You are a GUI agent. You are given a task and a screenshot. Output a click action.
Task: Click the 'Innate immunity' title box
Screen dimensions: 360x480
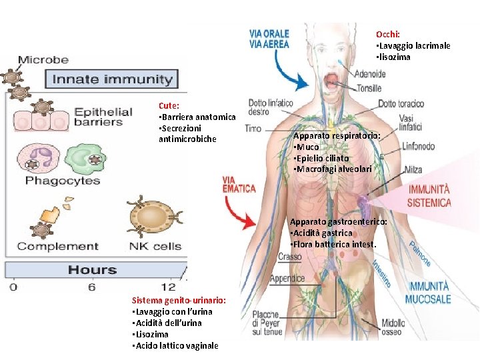tap(112, 79)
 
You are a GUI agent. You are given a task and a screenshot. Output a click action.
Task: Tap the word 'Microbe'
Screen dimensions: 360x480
tap(43, 60)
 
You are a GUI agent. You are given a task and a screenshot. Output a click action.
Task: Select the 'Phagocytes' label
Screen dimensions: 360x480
tap(63, 181)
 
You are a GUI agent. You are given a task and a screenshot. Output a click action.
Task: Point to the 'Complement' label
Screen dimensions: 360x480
tap(58, 247)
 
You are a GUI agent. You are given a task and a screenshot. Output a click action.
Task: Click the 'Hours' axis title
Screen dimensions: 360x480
tap(92, 270)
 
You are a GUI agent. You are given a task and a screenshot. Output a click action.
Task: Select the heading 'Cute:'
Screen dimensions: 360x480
tap(169, 105)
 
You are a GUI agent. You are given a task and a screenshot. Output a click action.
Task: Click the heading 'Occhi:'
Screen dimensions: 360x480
tap(388, 34)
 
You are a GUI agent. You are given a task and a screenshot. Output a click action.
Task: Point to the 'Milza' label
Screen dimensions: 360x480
tap(413, 171)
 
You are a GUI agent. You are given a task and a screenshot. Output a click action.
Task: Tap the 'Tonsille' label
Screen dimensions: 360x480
tap(369, 88)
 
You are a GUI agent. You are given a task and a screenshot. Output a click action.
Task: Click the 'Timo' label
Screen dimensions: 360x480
tap(253, 128)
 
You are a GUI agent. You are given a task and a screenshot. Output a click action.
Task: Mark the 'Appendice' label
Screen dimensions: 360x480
tap(287, 279)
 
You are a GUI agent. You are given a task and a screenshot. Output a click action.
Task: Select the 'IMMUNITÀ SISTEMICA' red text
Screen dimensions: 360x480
tap(429, 197)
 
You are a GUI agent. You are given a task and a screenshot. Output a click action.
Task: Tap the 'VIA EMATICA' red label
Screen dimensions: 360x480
tap(239, 184)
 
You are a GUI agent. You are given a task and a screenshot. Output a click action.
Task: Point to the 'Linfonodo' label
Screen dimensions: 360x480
tap(419, 146)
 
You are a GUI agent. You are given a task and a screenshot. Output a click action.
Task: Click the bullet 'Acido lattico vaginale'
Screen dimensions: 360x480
tap(175, 345)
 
